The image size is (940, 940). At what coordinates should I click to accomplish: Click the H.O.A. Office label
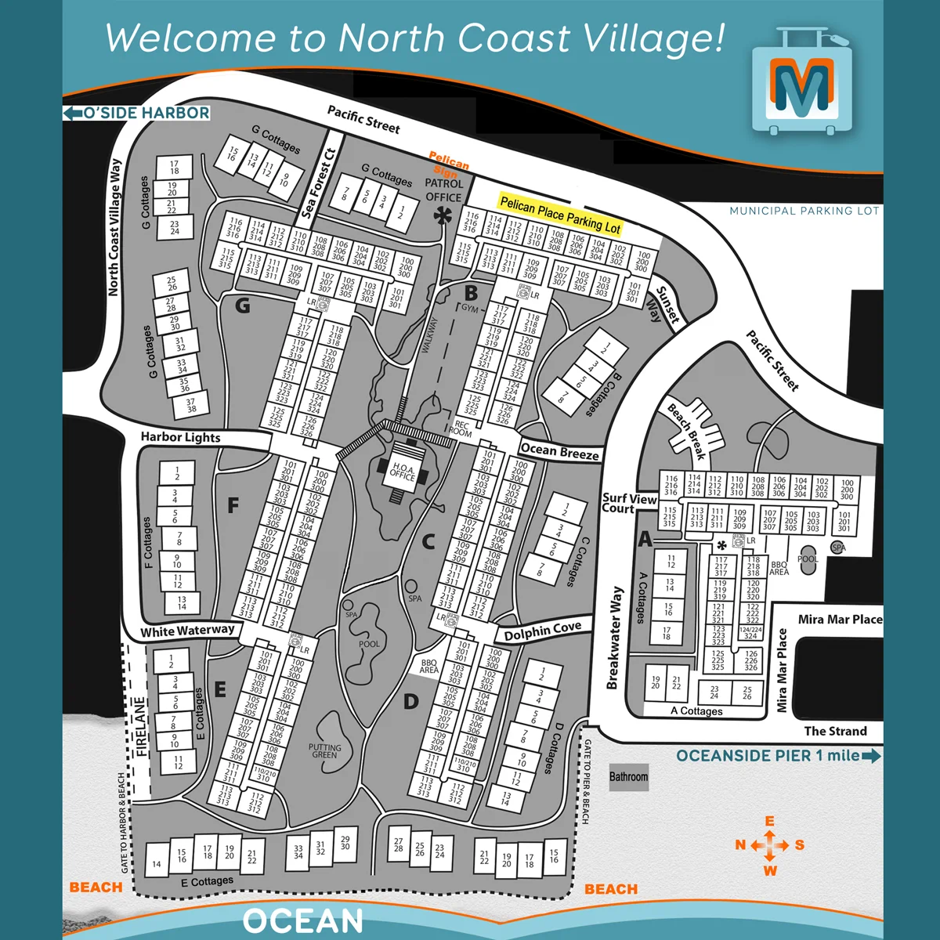click(403, 471)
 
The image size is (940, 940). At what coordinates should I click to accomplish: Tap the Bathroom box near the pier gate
click(628, 776)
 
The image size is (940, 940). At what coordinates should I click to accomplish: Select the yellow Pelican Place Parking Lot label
click(560, 215)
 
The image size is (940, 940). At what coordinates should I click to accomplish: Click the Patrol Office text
click(443, 190)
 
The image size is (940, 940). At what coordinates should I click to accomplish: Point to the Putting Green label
click(324, 751)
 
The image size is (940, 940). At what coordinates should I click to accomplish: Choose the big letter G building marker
click(243, 305)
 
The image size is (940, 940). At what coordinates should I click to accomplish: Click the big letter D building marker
click(410, 701)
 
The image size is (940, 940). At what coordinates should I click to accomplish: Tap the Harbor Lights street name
click(180, 437)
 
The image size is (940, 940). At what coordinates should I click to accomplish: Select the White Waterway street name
click(187, 631)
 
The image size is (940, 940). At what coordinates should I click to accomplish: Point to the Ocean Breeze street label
click(559, 451)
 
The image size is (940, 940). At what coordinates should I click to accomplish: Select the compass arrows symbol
click(770, 845)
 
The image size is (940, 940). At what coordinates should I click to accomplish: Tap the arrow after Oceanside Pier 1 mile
click(871, 756)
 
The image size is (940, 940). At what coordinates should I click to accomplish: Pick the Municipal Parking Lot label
click(804, 211)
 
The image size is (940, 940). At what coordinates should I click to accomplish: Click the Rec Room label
click(462, 428)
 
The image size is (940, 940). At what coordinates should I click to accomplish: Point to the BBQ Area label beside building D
click(428, 666)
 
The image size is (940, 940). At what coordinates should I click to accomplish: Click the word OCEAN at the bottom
click(303, 921)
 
